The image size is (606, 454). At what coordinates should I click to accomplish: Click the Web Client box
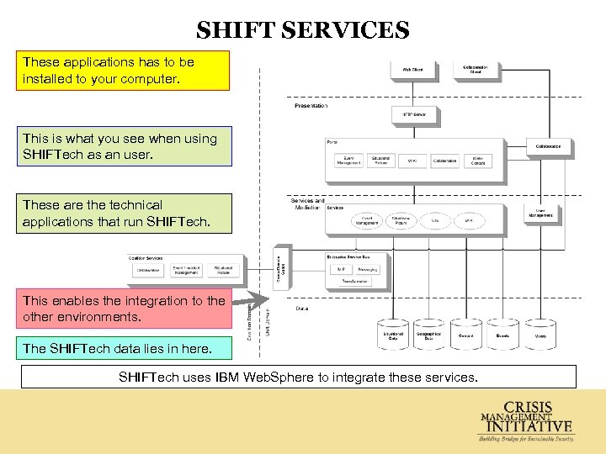click(412, 71)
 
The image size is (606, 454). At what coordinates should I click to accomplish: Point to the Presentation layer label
click(311, 106)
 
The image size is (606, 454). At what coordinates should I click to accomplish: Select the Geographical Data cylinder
click(429, 335)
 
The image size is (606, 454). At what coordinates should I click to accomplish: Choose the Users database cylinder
click(540, 334)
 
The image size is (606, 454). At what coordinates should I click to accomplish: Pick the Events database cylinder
click(502, 334)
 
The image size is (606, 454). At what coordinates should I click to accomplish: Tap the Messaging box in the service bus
click(367, 269)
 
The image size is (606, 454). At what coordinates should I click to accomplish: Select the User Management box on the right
click(540, 214)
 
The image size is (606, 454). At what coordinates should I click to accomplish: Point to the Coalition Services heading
click(147, 257)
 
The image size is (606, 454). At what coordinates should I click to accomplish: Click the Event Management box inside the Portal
click(348, 160)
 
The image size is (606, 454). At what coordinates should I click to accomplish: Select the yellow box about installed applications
click(124, 71)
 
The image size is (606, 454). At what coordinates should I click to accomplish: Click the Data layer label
click(301, 309)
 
